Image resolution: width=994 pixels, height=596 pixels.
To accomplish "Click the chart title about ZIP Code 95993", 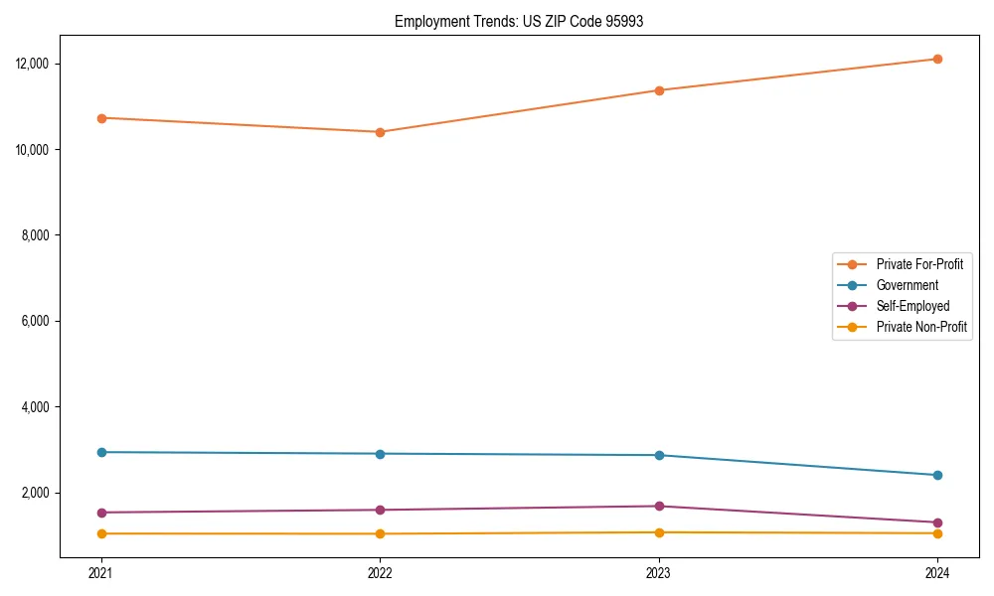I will [519, 21].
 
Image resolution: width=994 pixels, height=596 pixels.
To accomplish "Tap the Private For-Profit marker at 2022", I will [380, 132].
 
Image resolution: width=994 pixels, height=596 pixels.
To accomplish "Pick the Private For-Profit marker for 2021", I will [101, 118].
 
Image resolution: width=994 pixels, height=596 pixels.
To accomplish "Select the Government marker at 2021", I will [101, 452].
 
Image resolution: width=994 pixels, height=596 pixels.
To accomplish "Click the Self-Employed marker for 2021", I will [101, 513].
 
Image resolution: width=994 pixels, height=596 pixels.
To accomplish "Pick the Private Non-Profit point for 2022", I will [380, 533].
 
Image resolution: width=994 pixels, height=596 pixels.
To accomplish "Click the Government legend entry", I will [907, 285].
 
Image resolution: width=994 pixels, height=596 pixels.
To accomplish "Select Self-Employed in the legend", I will [912, 306].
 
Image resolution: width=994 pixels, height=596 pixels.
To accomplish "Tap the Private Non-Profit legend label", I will [921, 327].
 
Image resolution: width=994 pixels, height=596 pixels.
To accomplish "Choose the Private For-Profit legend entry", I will [919, 264].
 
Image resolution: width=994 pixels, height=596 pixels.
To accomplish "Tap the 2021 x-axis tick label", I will [101, 572].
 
